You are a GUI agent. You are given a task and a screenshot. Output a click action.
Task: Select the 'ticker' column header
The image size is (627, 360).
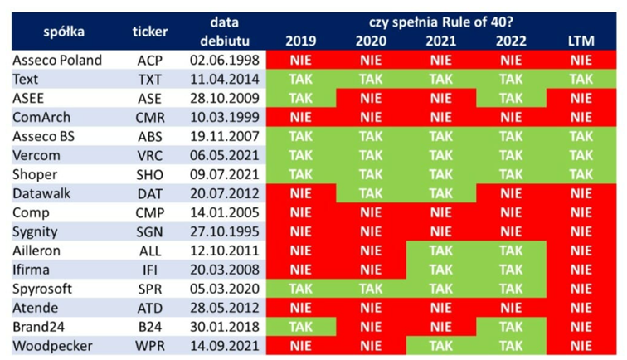(x=150, y=32)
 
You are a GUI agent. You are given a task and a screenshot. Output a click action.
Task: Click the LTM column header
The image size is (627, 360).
(x=581, y=41)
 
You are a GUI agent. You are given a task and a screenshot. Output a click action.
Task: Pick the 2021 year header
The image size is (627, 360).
(x=440, y=41)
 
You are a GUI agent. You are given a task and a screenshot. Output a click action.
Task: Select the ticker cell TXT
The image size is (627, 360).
(x=150, y=80)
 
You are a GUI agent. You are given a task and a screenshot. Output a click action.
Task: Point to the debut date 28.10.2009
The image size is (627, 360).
(x=225, y=99)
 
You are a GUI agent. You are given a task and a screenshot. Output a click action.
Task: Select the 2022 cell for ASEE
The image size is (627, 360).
(x=511, y=99)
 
